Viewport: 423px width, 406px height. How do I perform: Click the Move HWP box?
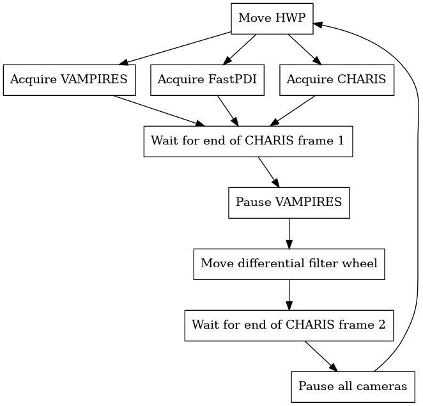(272, 18)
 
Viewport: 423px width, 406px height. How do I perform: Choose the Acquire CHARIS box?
(336, 80)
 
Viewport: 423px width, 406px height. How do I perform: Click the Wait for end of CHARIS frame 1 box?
(247, 141)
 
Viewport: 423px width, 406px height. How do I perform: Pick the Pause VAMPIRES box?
(289, 202)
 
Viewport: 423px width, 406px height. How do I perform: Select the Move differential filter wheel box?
(289, 263)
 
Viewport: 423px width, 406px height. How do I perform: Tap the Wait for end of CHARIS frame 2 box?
(289, 325)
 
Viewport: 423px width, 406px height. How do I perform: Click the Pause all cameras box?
(352, 386)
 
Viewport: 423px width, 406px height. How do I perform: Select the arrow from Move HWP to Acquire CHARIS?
(304, 49)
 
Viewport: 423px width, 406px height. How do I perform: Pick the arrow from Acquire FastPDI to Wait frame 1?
(227, 111)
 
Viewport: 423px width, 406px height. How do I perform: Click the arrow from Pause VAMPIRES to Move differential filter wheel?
(289, 233)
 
